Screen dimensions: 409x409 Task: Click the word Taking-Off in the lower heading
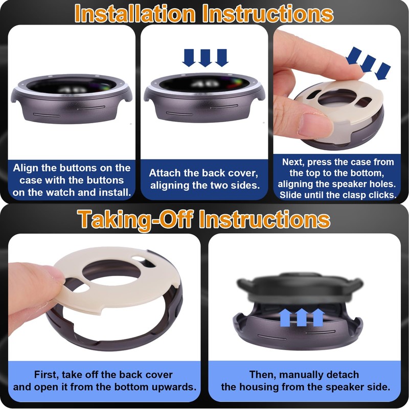click(135, 220)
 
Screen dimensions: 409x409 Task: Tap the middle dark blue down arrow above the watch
click(206, 58)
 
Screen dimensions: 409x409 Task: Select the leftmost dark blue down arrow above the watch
click(189, 58)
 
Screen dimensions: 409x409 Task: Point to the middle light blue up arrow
click(302, 317)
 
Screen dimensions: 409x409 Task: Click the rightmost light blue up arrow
click(318, 317)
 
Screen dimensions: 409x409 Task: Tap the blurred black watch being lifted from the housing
click(300, 290)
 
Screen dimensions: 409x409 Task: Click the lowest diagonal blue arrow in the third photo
click(383, 71)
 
